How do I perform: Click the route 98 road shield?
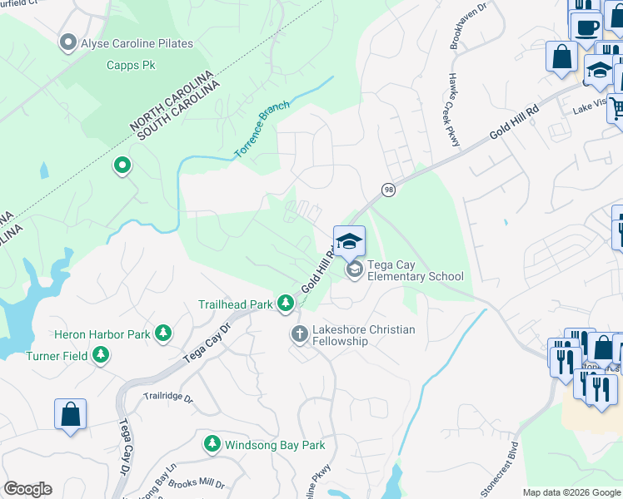[x=388, y=190]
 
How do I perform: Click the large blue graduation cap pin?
[x=350, y=240]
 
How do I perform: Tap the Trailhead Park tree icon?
[x=286, y=304]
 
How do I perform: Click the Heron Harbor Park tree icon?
[x=163, y=333]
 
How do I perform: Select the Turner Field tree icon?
[x=101, y=355]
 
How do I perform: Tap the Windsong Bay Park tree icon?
[x=213, y=445]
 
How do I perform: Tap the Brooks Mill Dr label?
[x=197, y=483]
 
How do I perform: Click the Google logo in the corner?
[x=27, y=489]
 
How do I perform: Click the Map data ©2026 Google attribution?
[x=571, y=492]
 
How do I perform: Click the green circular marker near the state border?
[x=122, y=166]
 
